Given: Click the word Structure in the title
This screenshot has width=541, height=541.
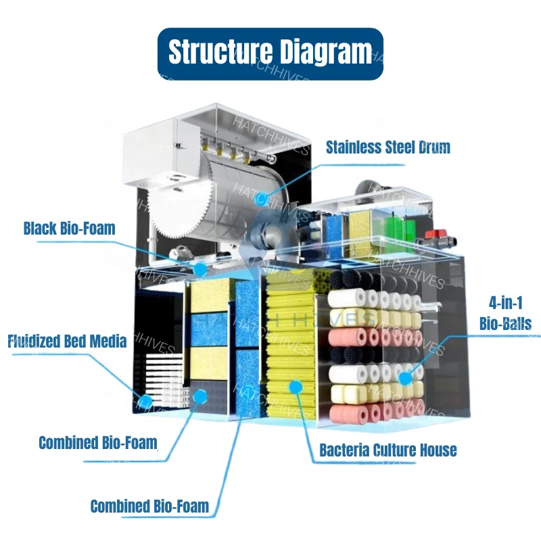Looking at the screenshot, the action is coord(220,52).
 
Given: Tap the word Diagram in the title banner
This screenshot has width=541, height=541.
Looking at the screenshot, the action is coord(325,53).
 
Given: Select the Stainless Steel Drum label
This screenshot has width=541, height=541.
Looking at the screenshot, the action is coord(388,147).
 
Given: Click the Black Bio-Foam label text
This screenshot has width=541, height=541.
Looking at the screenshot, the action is coord(70,229).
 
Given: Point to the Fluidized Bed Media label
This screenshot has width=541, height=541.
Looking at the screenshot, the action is coord(67,341).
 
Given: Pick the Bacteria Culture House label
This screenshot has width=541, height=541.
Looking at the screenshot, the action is coord(388,450).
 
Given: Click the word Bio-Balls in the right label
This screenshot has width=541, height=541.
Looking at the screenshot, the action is coord(505,324).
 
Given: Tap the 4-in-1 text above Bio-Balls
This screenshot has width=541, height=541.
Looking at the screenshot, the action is coord(506,303).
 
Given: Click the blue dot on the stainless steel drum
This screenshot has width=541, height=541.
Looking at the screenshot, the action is coord(261,199).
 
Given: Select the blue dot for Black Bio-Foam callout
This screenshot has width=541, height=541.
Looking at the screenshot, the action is coord(200,269).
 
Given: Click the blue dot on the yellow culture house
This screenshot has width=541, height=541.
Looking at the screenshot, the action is coord(296,387).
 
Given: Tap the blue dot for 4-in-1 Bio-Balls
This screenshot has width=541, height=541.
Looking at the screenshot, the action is coord(405,379).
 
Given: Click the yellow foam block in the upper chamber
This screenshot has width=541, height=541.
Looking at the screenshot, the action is coord(360,228).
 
